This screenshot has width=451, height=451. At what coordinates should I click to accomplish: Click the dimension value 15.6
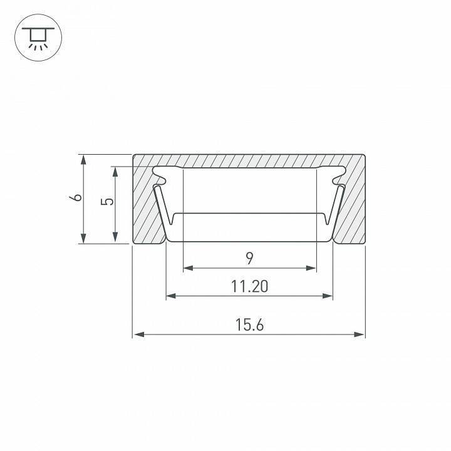click(x=249, y=324)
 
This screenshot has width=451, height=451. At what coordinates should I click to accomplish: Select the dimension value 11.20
click(x=249, y=286)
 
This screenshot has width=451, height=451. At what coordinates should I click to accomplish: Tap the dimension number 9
click(x=250, y=258)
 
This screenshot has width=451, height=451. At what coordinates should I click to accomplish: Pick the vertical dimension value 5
click(x=107, y=202)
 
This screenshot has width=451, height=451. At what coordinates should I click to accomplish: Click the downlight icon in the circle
click(x=38, y=38)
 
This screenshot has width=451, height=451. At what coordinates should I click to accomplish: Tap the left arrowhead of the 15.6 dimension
click(x=139, y=334)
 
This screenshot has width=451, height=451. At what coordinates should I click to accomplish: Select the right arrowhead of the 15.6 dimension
click(x=359, y=334)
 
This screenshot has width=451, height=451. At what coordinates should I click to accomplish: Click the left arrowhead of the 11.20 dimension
click(x=171, y=296)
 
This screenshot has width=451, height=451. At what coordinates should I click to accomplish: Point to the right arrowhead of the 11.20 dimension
click(x=328, y=296)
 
